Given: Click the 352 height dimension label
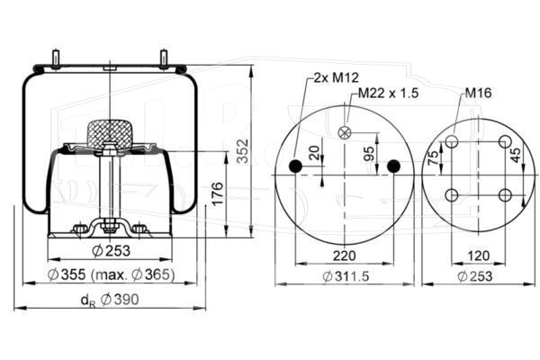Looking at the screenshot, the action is tap(243, 150).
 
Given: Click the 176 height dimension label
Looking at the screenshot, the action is tap(217, 194).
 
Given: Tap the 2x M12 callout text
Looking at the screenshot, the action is tap(336, 77).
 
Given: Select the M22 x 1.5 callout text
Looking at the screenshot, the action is tap(388, 93).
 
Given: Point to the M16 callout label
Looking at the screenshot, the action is tap(478, 93).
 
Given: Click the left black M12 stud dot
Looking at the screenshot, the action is tap(295, 166).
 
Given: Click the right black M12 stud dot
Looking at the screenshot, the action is tap(393, 166).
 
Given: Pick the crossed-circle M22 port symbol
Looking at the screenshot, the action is tap(345, 132).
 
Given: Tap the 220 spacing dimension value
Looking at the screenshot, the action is tap(344, 256).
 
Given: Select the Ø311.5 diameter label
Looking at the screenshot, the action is tap(346, 276).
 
